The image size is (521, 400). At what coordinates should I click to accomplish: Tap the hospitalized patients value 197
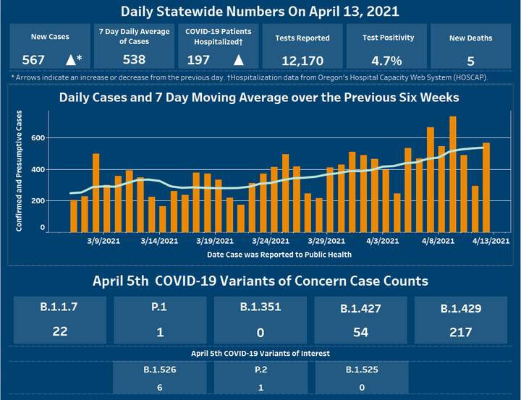pyautogui.click(x=199, y=60)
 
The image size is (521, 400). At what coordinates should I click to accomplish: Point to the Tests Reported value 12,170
pyautogui.click(x=303, y=60)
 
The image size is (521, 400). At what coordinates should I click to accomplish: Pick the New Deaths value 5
pyautogui.click(x=471, y=60)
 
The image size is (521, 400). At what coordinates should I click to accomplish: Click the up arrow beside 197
pyautogui.click(x=238, y=60)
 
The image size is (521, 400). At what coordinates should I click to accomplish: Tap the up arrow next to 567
pyautogui.click(x=71, y=60)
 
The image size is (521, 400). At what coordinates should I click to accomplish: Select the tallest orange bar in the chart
pyautogui.click(x=453, y=174)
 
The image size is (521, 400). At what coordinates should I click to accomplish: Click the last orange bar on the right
pyautogui.click(x=486, y=187)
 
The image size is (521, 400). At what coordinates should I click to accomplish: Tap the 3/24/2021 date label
pyautogui.click(x=272, y=241)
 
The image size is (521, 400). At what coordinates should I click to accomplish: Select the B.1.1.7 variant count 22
pyautogui.click(x=59, y=332)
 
